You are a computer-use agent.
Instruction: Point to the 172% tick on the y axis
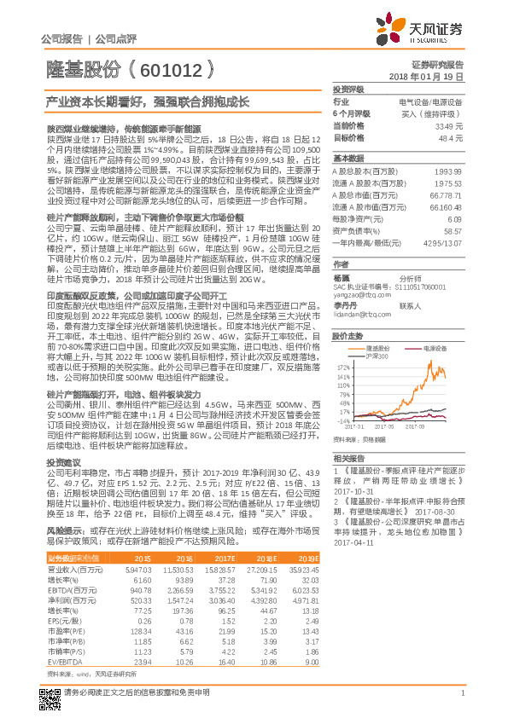pyautogui.click(x=343, y=363)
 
